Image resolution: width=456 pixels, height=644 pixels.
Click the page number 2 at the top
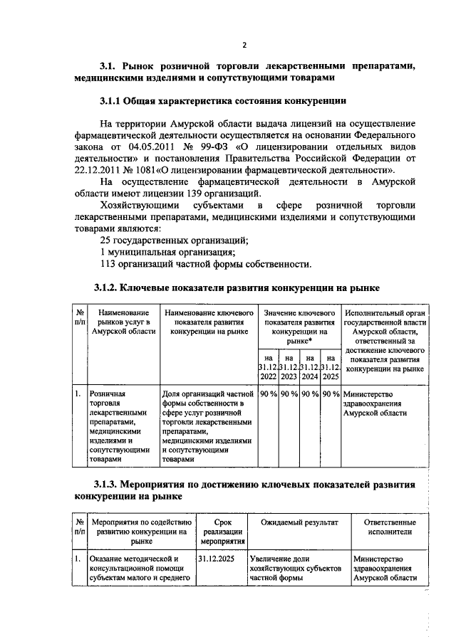click(x=244, y=45)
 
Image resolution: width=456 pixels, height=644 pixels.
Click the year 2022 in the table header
click(x=267, y=376)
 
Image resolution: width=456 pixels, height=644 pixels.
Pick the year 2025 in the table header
click(x=331, y=376)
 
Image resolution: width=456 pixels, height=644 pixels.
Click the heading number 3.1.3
click(x=107, y=485)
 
